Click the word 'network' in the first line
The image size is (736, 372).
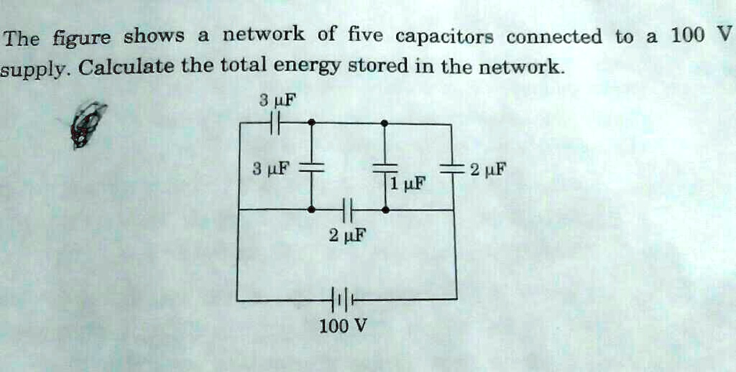click(264, 34)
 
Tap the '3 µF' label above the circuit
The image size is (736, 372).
click(274, 100)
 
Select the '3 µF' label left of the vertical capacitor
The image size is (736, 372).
click(272, 170)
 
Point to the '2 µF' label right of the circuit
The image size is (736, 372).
click(489, 171)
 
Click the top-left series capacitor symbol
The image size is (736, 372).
click(274, 124)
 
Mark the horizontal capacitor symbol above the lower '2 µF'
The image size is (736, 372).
click(346, 210)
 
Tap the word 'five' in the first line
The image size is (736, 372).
click(366, 34)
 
